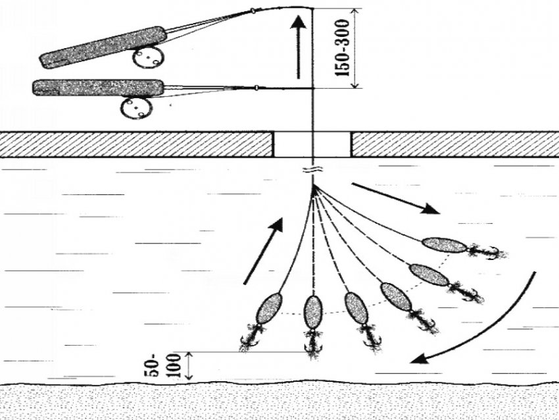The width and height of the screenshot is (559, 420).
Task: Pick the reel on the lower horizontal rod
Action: (x=137, y=108)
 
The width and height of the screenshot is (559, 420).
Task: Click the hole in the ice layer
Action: (x=312, y=144)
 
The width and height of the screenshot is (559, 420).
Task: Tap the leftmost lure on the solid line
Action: (x=269, y=308)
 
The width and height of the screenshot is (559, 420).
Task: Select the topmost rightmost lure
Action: (x=444, y=246)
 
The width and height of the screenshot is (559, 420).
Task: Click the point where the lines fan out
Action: (x=314, y=186)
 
